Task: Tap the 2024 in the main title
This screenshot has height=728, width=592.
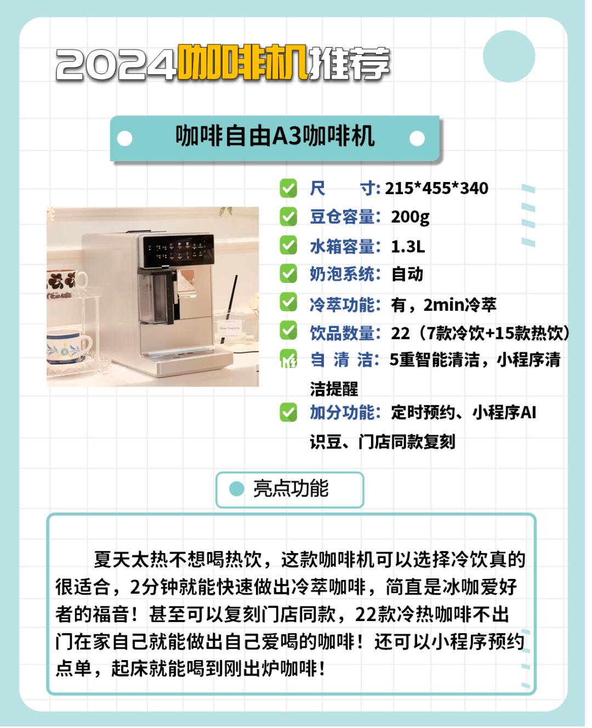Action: (x=116, y=64)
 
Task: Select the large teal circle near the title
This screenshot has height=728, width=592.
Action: (x=509, y=56)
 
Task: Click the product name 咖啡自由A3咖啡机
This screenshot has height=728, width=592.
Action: (x=275, y=136)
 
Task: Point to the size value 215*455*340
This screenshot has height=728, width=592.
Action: (x=436, y=189)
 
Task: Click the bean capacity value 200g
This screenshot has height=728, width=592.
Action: (x=410, y=218)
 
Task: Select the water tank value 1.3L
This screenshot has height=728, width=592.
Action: (x=408, y=246)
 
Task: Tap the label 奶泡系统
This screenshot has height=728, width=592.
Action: (x=342, y=275)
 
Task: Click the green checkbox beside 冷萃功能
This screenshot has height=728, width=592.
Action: (x=288, y=303)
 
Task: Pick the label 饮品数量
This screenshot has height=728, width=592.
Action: (x=342, y=333)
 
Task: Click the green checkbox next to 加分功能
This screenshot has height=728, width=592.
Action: (x=288, y=412)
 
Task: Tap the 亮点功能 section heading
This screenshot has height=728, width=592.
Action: (x=291, y=489)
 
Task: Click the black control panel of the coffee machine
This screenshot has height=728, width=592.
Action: (x=178, y=251)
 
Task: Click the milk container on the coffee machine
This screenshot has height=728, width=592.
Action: (x=156, y=297)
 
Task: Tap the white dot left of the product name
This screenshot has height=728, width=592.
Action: (x=125, y=139)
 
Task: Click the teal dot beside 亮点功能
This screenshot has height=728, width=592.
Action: (x=237, y=489)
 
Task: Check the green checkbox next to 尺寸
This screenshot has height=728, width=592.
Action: (x=288, y=189)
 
